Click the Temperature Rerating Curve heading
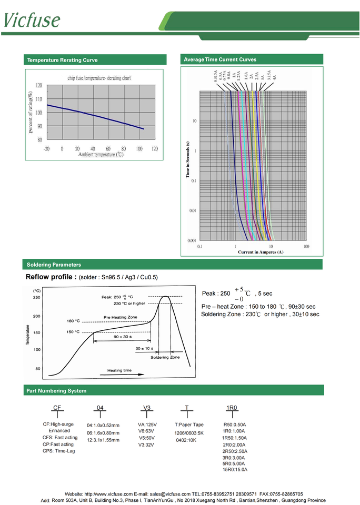[x=62, y=60]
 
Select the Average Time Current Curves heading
[x=220, y=60]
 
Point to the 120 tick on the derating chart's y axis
[x=39, y=85]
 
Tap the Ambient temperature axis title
[x=101, y=155]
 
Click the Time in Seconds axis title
[x=187, y=160]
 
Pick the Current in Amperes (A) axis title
[x=261, y=252]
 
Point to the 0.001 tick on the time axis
[x=193, y=240]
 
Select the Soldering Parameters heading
[x=54, y=265]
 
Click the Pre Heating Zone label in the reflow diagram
[x=120, y=317]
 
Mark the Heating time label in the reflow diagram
[x=119, y=370]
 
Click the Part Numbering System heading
[x=56, y=391]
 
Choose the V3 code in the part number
[x=147, y=408]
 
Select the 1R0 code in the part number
[x=232, y=408]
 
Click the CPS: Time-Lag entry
[x=59, y=451]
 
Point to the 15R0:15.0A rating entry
[x=235, y=470]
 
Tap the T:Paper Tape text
[x=189, y=425]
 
